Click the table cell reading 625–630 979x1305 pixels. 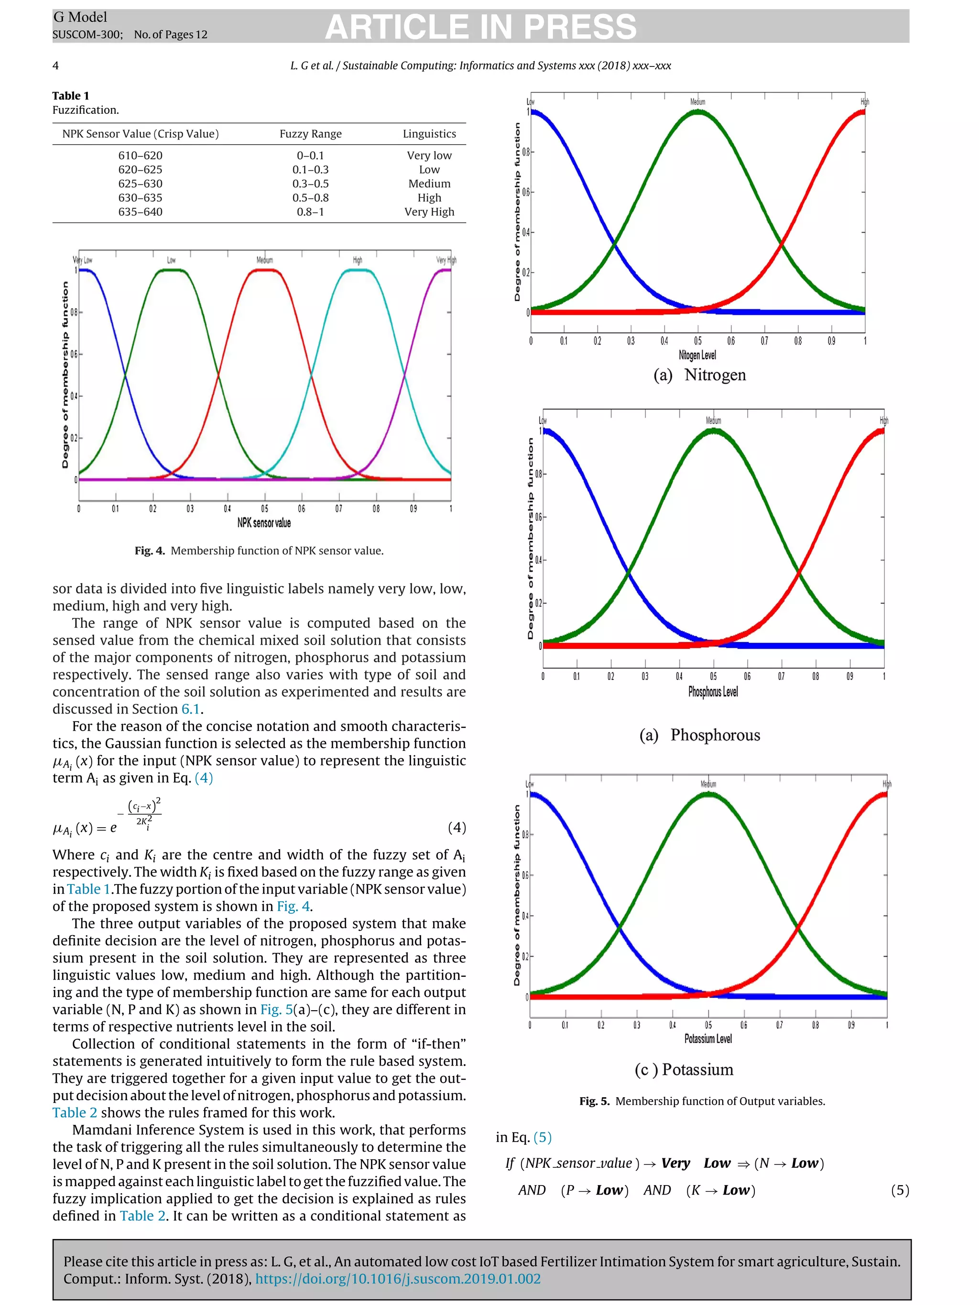pyautogui.click(x=140, y=183)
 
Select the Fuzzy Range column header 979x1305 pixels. pyautogui.click(x=310, y=134)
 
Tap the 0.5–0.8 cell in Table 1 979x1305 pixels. pyautogui.click(x=310, y=198)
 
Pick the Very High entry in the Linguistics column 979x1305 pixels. pyautogui.click(x=429, y=212)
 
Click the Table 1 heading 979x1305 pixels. pyautogui.click(x=70, y=96)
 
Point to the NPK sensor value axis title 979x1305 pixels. pyautogui.click(x=264, y=523)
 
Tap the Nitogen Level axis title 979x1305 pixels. pyautogui.click(x=697, y=355)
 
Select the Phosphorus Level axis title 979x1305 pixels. pyautogui.click(x=713, y=691)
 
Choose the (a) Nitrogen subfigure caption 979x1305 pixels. pyautogui.click(x=699, y=375)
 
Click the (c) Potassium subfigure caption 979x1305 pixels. pyautogui.click(x=684, y=1069)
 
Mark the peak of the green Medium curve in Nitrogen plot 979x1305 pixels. pyautogui.click(x=697, y=111)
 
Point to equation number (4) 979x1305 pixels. pyautogui.click(x=457, y=827)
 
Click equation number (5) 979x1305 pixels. pyautogui.click(x=899, y=1190)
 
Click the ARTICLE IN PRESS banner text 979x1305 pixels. pyautogui.click(x=480, y=27)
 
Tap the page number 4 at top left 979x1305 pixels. pyautogui.click(x=55, y=65)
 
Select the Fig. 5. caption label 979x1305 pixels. pyautogui.click(x=594, y=1101)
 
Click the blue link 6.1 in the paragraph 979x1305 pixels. pyautogui.click(x=190, y=709)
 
